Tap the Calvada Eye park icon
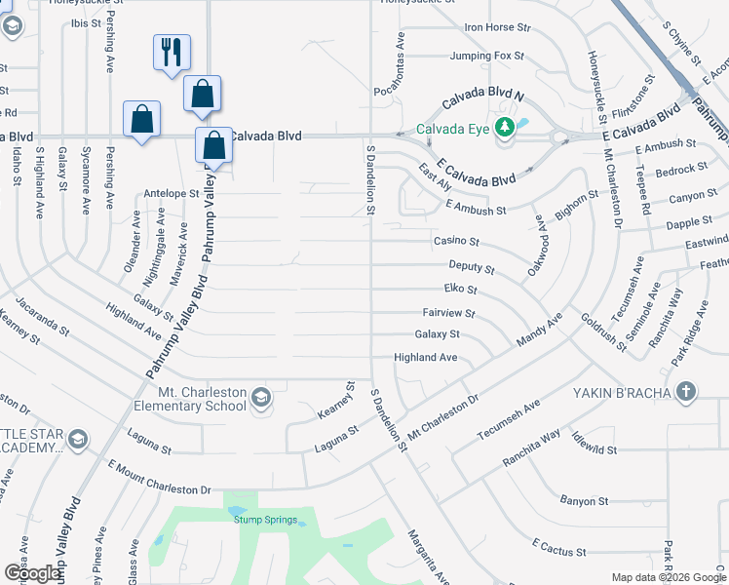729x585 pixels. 505,128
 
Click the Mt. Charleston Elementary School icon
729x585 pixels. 260,398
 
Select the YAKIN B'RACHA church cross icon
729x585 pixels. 687,393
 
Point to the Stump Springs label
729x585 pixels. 265,520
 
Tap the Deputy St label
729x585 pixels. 472,266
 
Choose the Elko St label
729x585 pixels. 460,290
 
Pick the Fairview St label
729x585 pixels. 448,314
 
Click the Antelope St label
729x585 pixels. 171,194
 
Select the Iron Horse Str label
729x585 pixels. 497,28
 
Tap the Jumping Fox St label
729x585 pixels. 487,56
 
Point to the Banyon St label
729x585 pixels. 584,501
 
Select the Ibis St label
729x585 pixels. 85,21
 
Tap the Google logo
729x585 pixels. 31,572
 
